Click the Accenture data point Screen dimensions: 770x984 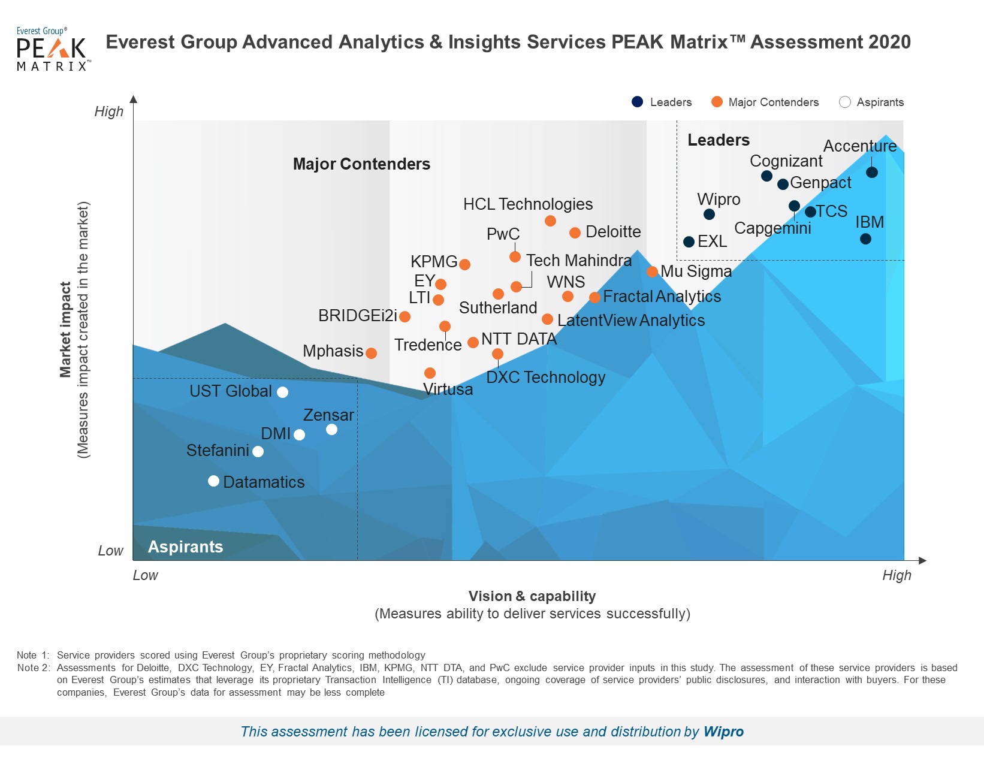[872, 173]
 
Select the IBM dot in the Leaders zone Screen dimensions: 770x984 [865, 239]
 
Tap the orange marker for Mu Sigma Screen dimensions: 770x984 [653, 272]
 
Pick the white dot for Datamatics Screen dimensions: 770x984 [213, 481]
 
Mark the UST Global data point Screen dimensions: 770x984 [282, 392]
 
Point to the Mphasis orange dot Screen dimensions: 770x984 [371, 354]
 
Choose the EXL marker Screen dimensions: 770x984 [689, 242]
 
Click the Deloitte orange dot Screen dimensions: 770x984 [575, 233]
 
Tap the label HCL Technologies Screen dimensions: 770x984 [527, 204]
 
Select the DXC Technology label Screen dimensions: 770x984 [545, 378]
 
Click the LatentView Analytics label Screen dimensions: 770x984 [630, 321]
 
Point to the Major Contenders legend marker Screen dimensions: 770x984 [717, 102]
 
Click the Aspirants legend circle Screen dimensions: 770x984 [845, 102]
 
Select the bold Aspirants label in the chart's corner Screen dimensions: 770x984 [185, 547]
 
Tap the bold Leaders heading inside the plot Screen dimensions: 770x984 [718, 140]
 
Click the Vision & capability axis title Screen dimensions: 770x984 [532, 596]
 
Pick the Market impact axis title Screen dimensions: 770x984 [65, 330]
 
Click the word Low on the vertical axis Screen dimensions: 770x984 [111, 551]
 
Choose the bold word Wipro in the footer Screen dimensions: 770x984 [723, 732]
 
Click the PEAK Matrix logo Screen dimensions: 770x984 [53, 49]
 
